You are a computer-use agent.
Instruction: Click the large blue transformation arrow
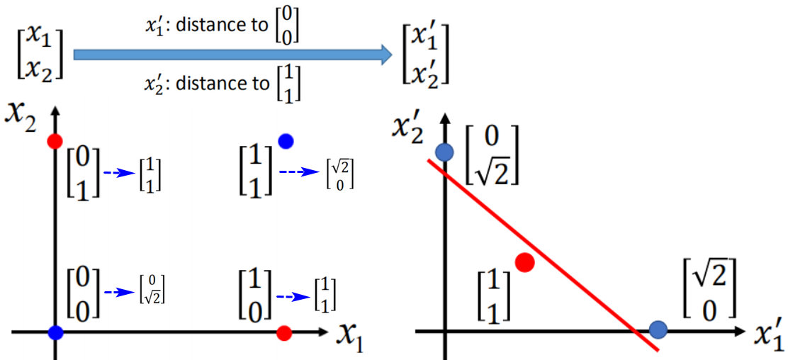232,54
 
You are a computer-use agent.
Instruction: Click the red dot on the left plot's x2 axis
55,141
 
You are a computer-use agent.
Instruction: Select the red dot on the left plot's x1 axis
283,334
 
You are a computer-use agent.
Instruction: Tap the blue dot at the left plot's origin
55,333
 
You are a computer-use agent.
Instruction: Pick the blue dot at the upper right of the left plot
286,141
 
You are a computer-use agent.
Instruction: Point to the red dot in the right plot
525,262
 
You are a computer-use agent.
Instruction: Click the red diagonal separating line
543,254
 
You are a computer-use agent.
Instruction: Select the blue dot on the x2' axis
444,152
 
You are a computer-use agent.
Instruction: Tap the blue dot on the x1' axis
658,330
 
